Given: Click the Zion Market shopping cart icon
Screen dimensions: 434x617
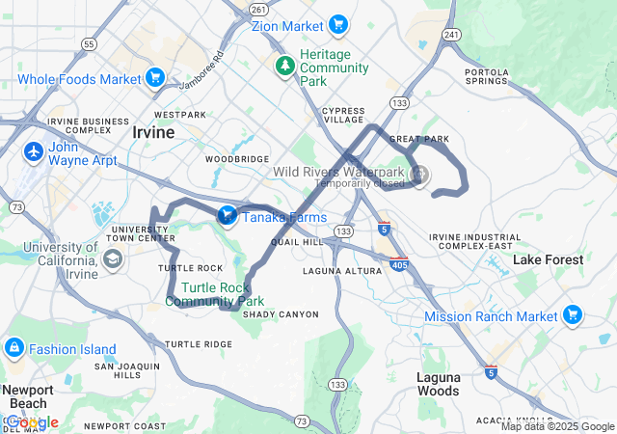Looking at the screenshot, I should pos(337,24).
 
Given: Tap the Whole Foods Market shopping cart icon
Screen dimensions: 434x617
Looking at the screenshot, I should pos(155,79).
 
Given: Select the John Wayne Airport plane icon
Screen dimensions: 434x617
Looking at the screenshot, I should pos(34,152).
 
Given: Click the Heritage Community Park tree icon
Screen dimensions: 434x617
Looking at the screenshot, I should pos(285,67).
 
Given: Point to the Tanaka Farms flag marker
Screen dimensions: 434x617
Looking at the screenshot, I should pos(228,215).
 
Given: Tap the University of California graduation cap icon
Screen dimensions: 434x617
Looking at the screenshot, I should pos(113,258).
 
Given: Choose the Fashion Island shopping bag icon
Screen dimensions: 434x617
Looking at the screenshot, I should pos(14,348).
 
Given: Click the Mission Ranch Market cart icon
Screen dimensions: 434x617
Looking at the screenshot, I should pos(573,314).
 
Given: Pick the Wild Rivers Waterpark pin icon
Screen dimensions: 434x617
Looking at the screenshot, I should pos(419,175).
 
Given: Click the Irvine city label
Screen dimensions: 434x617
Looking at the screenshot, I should pos(153,133).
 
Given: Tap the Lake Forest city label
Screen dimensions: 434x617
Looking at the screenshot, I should pos(548,260).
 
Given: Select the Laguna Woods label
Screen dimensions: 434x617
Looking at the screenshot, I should pos(438,384).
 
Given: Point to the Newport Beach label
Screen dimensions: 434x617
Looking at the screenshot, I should pos(27,395).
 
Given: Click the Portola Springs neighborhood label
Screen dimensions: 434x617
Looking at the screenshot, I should pos(487,77).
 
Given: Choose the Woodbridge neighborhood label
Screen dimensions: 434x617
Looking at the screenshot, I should pos(237,159).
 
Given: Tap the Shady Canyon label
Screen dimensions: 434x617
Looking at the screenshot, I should pos(280,314).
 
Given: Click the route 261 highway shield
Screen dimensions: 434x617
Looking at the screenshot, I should pos(257,9).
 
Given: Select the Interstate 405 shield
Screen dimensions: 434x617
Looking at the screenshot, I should pos(397,262).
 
